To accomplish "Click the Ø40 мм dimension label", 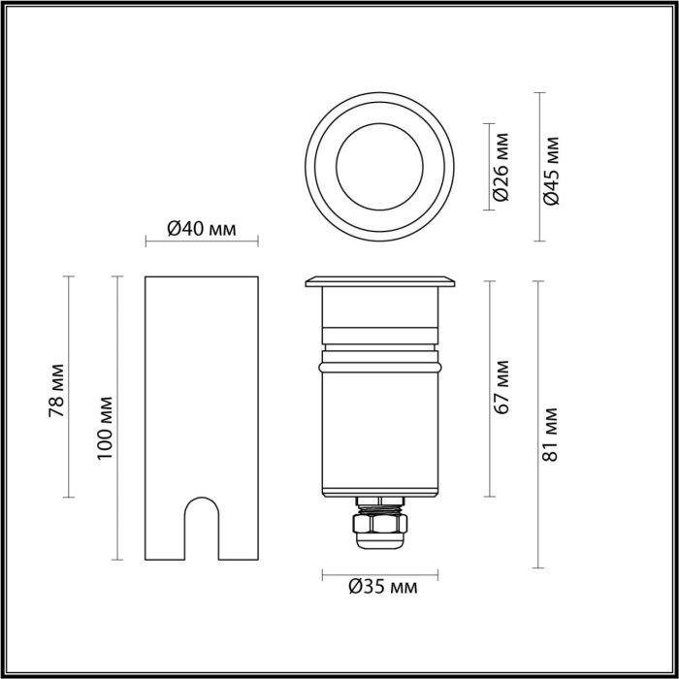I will pos(202,229).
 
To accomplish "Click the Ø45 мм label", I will pos(553,170).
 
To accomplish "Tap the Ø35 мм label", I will pos(382,587).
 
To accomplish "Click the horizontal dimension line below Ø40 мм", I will pos(202,242).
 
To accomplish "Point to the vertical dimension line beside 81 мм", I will pos(539,423).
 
